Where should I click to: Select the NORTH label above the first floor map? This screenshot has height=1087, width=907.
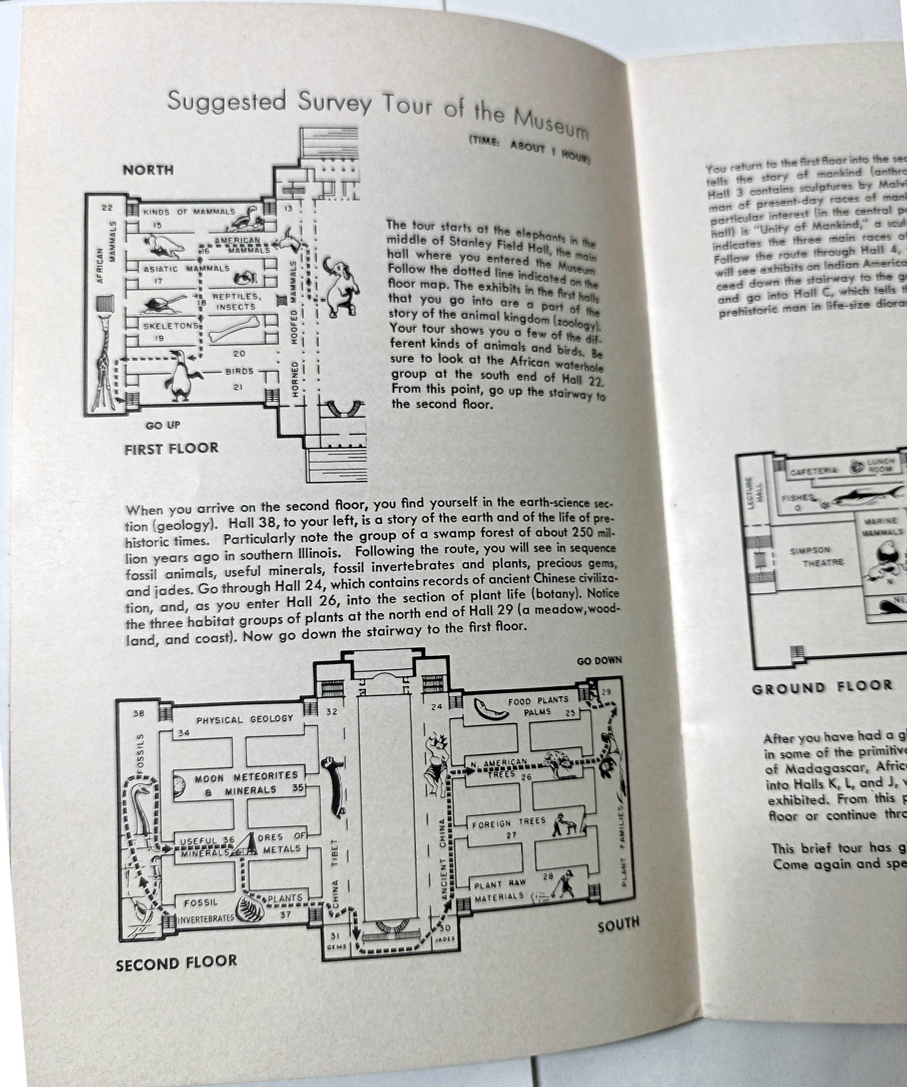tap(148, 170)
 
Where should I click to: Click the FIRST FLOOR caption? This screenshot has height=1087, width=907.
tap(171, 448)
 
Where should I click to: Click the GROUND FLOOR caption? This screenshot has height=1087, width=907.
tap(822, 687)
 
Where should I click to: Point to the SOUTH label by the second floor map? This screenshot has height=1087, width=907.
tap(618, 923)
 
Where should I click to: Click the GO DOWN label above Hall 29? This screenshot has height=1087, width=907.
tap(599, 660)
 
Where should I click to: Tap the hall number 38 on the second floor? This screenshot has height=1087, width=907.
tap(139, 713)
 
